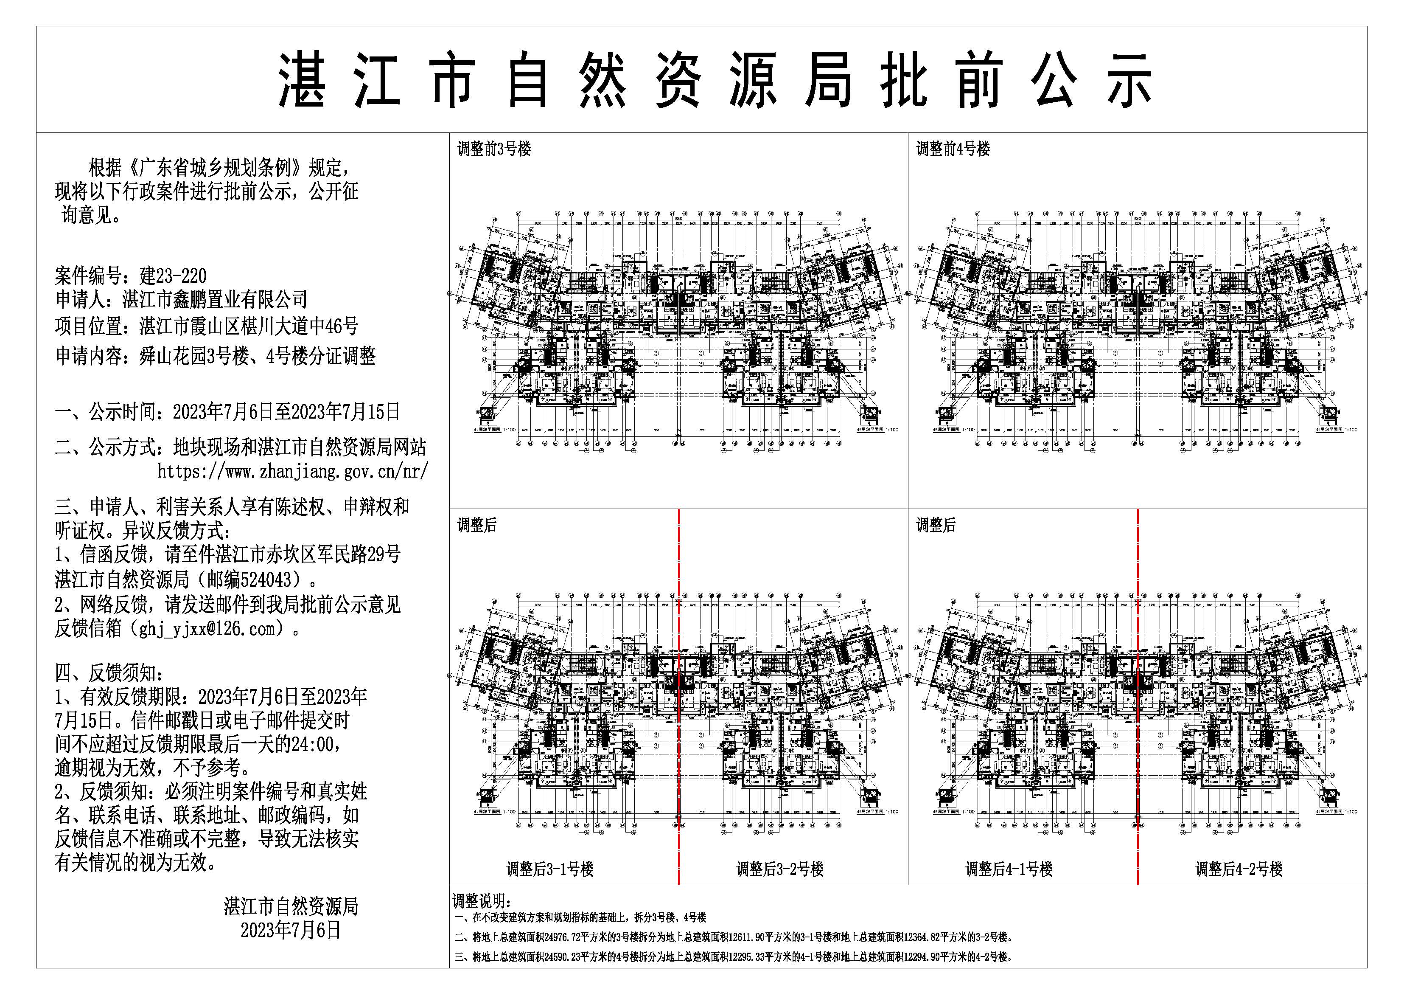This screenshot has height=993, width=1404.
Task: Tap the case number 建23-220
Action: (174, 276)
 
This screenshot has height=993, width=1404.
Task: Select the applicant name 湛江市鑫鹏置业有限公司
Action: (215, 300)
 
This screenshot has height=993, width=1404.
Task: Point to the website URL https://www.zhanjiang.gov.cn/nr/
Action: (293, 471)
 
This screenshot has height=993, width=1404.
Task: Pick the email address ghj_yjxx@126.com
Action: (212, 628)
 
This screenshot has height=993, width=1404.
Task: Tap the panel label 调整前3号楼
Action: (494, 149)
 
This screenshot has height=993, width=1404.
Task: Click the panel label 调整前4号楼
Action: (953, 149)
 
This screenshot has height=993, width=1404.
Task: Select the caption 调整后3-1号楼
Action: (550, 869)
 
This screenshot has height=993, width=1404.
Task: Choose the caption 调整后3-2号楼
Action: (780, 869)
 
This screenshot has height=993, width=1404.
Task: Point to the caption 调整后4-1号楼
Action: (1009, 869)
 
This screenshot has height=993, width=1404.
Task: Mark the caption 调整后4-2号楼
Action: (1239, 869)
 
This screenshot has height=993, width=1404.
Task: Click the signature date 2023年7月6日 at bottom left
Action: (291, 930)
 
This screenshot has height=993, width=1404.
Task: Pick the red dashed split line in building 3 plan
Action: (679, 698)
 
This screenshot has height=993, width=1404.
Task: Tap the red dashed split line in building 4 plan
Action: (1138, 698)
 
